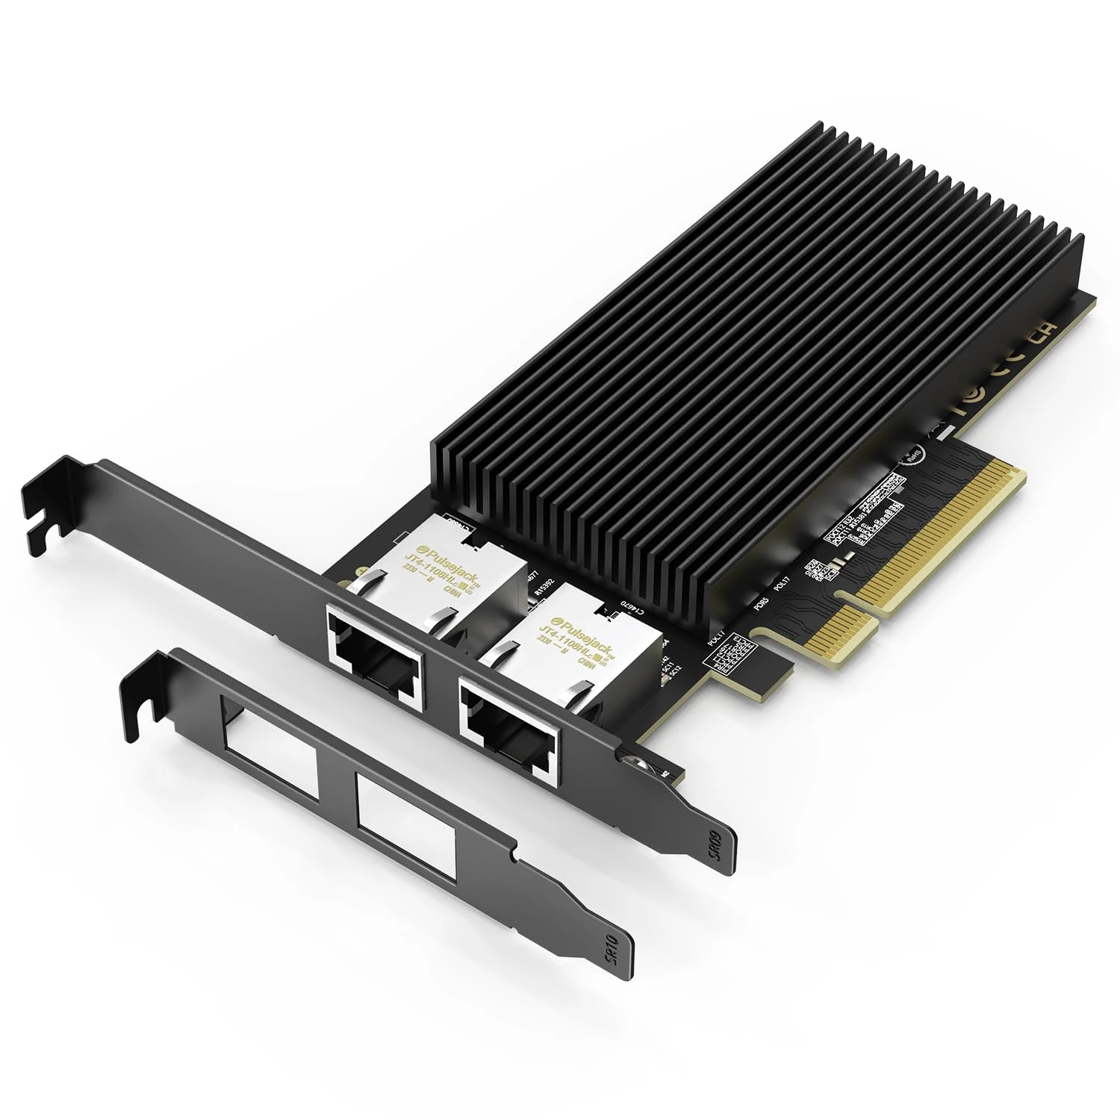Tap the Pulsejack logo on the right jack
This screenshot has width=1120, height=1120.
click(x=567, y=615)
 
